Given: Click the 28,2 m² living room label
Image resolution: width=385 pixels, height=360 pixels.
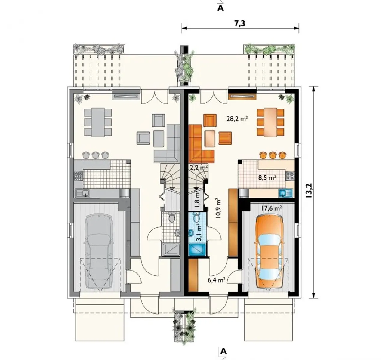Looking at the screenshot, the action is (237, 118).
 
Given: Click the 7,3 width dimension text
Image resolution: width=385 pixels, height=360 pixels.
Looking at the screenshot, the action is (240, 23).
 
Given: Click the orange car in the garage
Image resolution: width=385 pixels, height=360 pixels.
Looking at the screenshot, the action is (269, 252).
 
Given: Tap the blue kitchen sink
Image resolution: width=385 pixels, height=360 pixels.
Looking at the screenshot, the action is (286, 193).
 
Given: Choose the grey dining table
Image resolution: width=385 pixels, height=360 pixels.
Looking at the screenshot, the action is (98, 122).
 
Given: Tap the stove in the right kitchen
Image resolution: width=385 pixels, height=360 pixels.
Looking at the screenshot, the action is (290, 176).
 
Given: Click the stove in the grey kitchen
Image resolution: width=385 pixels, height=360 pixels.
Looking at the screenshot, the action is (78, 176).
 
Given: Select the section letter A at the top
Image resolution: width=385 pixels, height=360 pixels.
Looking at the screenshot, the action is (221, 8).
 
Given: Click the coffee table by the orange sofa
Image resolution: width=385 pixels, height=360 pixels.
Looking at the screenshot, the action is (210, 138).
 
